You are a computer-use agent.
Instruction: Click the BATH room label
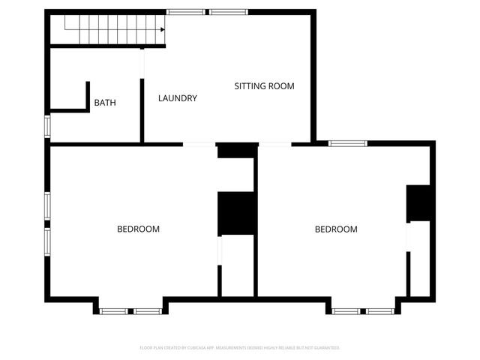105,103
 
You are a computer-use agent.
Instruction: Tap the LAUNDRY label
178,98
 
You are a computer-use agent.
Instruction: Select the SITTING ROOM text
264,86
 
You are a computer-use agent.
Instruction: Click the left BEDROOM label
138,229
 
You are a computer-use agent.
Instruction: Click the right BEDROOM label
335,229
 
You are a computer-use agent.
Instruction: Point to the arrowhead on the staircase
162,29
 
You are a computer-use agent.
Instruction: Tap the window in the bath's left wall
47,126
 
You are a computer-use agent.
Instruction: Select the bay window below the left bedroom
130,310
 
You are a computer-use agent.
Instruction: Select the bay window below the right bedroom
363,310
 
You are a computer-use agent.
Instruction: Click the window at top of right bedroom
347,142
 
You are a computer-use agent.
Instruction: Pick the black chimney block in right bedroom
418,202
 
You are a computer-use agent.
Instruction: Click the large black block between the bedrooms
236,214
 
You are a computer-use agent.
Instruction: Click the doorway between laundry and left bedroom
199,144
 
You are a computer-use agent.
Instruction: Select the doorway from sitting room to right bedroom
275,144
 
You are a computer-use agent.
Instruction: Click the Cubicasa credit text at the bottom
240,348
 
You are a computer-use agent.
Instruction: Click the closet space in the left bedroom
238,266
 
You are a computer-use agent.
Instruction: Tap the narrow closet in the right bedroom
420,259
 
